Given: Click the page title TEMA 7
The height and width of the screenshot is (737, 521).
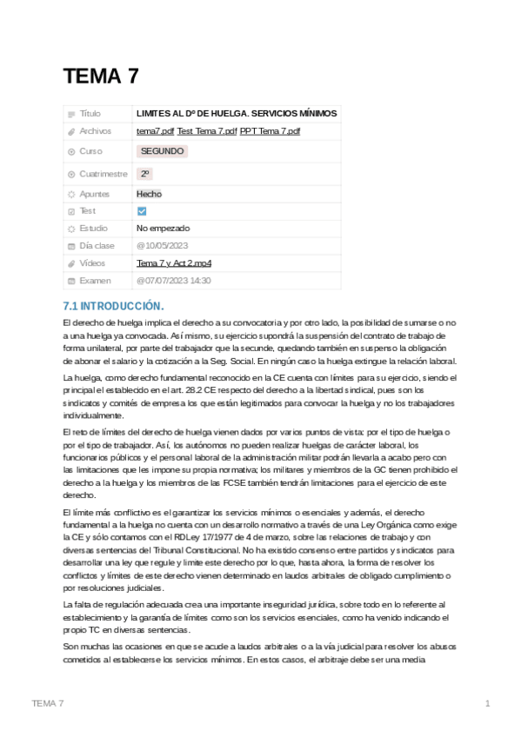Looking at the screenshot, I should [x=101, y=76].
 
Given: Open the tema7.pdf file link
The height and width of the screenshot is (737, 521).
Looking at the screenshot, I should [x=156, y=131].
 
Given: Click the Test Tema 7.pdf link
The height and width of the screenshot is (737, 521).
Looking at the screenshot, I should [x=207, y=131].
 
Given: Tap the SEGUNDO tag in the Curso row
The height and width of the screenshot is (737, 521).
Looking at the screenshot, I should [x=162, y=151].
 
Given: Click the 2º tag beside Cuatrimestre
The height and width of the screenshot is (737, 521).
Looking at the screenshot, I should [x=145, y=174].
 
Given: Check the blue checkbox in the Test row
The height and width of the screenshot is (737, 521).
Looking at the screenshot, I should [x=143, y=211].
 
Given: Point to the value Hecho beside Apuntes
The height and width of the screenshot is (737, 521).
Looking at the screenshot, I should [x=149, y=194].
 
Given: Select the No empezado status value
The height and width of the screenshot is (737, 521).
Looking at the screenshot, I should [x=163, y=229].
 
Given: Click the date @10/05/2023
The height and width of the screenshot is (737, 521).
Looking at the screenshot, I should [x=162, y=246].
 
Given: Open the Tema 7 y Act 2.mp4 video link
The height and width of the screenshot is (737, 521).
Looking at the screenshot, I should [x=174, y=263].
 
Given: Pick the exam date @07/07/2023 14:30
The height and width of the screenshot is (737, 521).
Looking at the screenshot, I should [x=173, y=281].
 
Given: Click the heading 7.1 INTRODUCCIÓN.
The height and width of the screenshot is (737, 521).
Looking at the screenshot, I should [x=114, y=306].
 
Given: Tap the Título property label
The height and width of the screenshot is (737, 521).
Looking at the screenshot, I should [x=90, y=114].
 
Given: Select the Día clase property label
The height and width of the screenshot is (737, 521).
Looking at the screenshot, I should [x=97, y=246].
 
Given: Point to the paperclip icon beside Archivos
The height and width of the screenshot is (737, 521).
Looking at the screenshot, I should [x=71, y=131].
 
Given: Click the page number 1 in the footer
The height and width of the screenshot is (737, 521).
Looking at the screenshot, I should [x=488, y=703].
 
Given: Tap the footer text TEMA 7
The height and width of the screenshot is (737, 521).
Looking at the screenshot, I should [x=47, y=703].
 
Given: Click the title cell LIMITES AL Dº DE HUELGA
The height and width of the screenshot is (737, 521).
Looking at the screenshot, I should [x=237, y=114].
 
